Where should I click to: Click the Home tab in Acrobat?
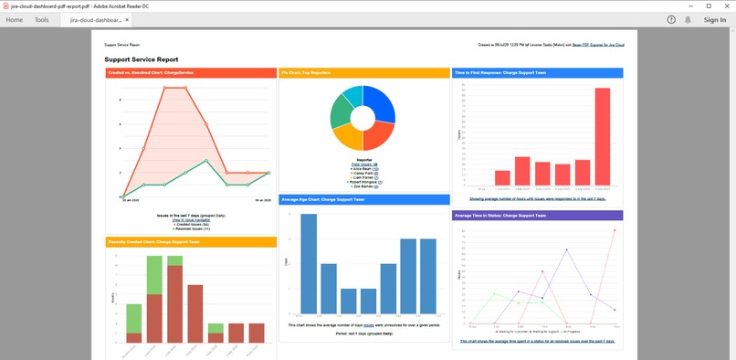(15, 19)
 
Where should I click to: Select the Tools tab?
(42, 19)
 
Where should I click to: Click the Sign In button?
(715, 19)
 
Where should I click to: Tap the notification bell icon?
(688, 19)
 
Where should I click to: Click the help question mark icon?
(671, 19)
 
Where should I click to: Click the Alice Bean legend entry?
(363, 169)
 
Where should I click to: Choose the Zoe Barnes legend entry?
(363, 186)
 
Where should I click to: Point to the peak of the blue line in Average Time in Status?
(566, 249)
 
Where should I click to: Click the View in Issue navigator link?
(191, 220)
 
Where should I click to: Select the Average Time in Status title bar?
(538, 216)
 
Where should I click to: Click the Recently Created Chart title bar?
(190, 242)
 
